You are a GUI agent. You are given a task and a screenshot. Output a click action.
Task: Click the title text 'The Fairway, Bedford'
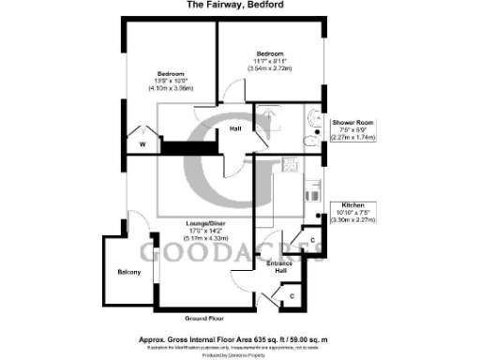coord(240,6)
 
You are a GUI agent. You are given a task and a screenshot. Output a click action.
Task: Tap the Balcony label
coord(129,272)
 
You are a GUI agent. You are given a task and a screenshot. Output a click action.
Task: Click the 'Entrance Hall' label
coord(281,268)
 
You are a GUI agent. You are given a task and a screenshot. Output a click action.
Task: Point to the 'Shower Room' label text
coord(352,122)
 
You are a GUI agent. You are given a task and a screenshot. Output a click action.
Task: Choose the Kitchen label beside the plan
coord(359,204)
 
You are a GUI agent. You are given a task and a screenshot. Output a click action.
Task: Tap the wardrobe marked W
coord(142,143)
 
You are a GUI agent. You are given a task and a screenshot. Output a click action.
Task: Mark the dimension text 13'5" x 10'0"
coord(172,82)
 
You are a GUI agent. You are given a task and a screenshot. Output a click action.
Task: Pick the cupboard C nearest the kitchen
coord(311,241)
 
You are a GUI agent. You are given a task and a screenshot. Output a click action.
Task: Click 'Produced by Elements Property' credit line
coord(240,355)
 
